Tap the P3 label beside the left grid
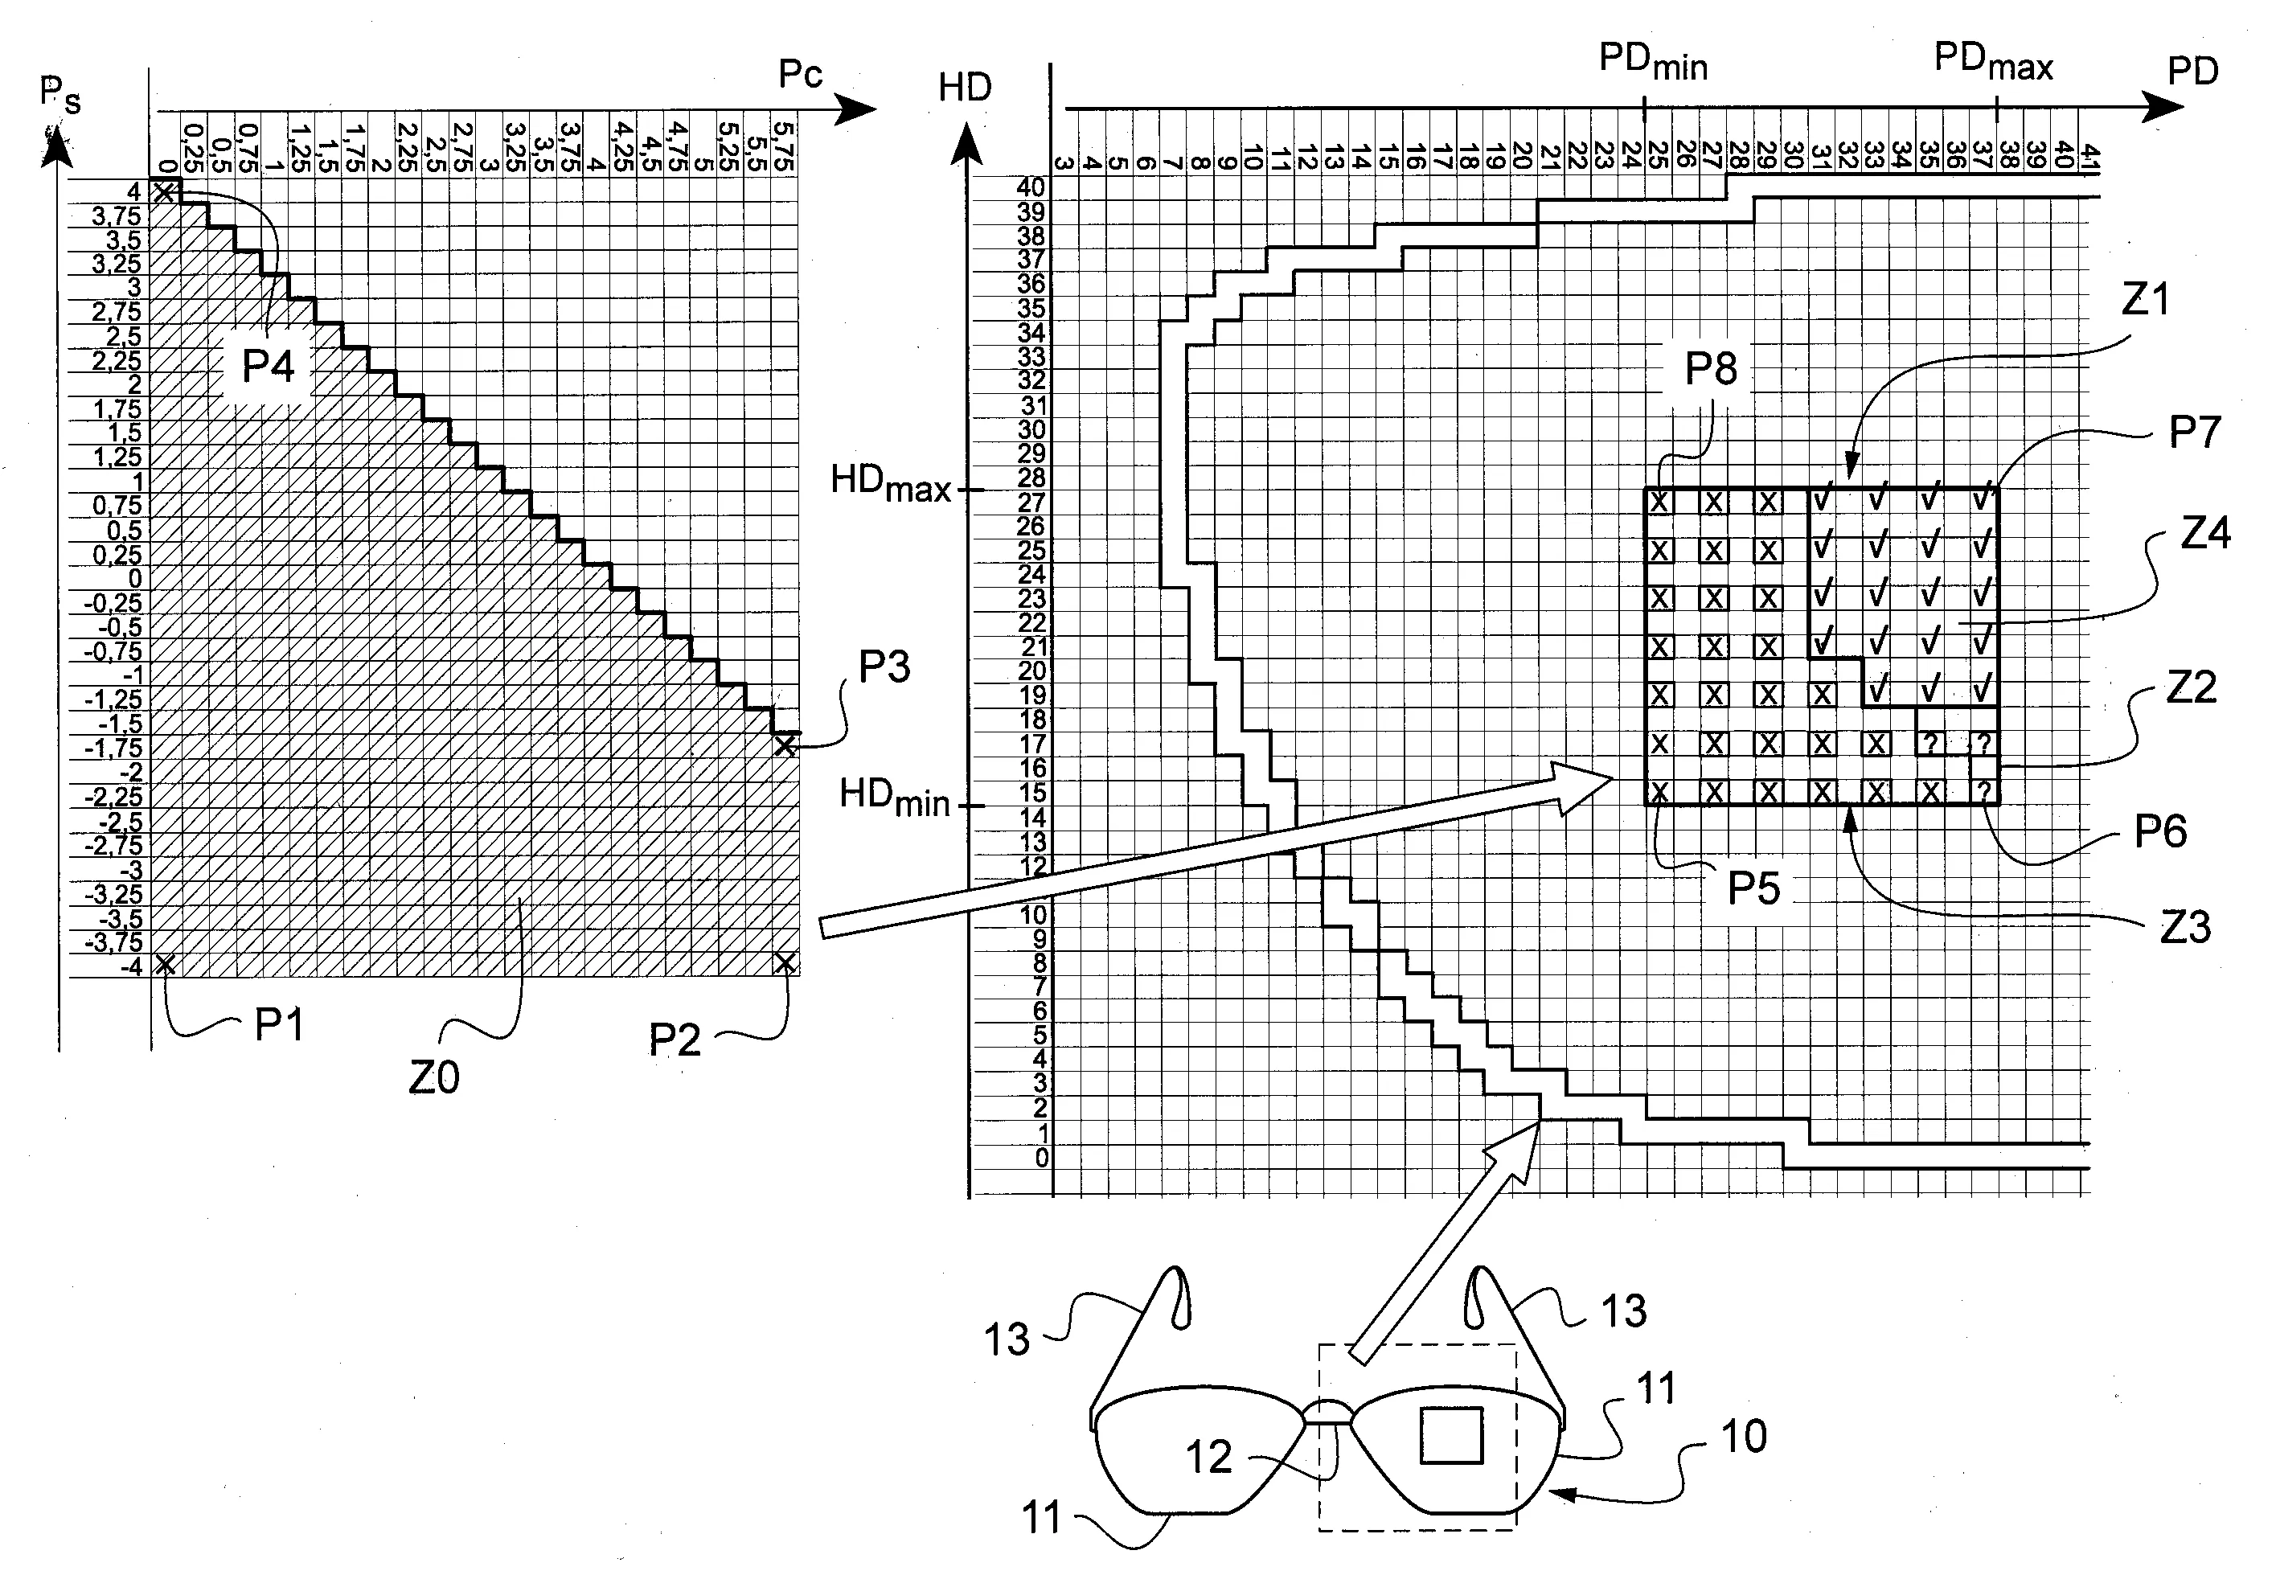click(884, 668)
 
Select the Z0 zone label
click(434, 1077)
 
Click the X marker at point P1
click(166, 964)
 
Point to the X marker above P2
click(785, 962)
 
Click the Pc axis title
click(800, 75)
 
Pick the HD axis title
click(964, 88)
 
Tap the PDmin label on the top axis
click(1652, 62)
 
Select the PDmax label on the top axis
click(1993, 62)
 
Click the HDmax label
click(891, 483)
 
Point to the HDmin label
click(894, 798)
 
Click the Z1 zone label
click(2145, 299)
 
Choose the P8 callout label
click(1711, 369)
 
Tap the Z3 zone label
click(2184, 928)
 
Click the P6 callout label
click(2160, 832)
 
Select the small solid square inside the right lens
click(1450, 1435)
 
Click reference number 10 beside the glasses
click(1743, 1436)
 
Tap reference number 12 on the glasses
click(1208, 1458)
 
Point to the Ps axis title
click(59, 96)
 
